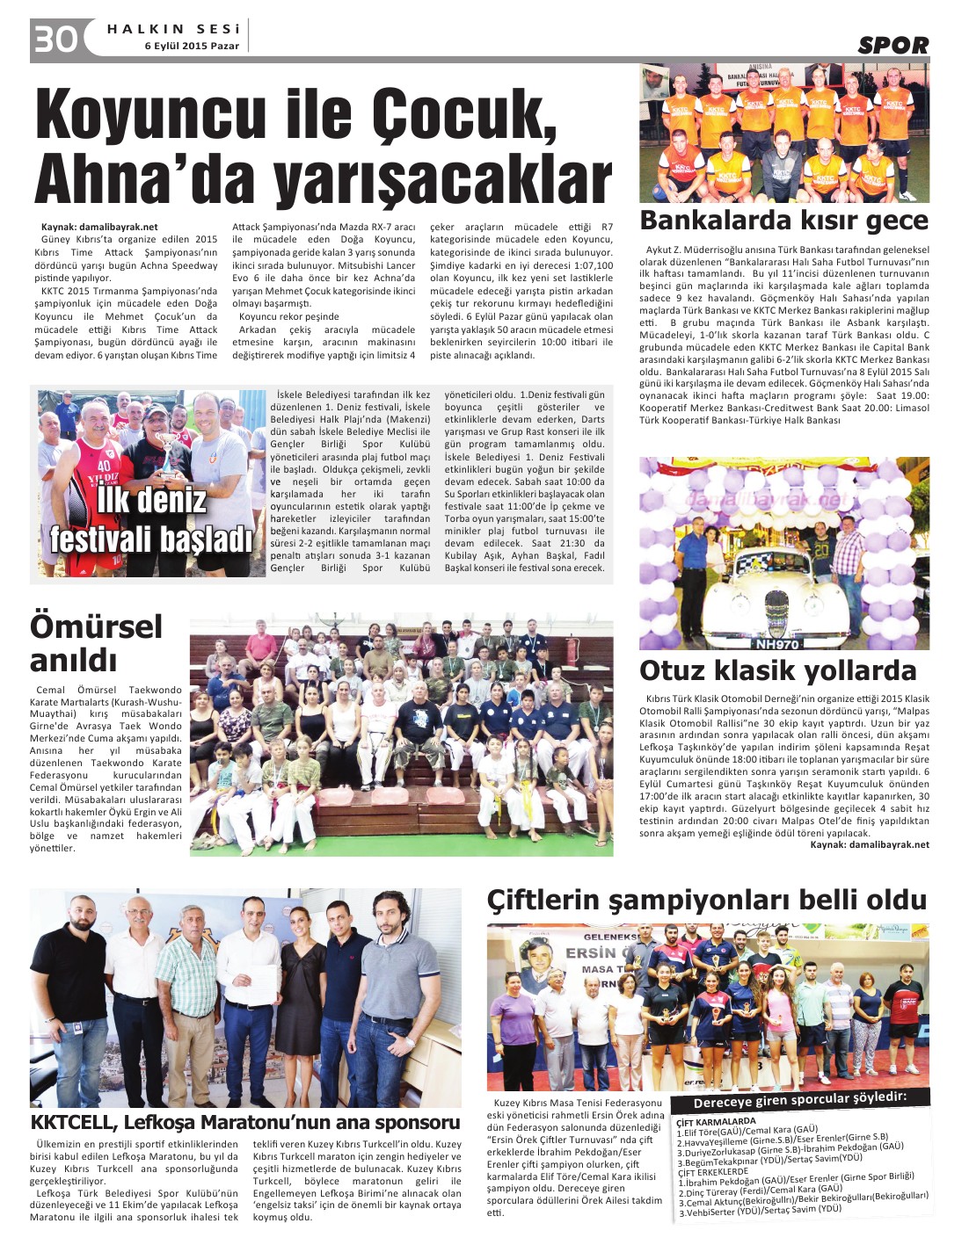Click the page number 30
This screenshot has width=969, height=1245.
coord(55,40)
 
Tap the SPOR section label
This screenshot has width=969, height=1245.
coord(892,46)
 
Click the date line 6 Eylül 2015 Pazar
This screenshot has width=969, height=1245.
coord(192,46)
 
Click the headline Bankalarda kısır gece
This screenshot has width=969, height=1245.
coord(783,220)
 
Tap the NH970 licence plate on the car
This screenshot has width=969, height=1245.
coord(777,644)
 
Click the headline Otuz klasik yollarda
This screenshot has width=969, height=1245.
coord(777,670)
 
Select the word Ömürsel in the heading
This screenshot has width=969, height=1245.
coord(97,626)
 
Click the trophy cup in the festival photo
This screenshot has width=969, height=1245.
coord(164,438)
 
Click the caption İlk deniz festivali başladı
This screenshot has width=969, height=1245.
coord(151,519)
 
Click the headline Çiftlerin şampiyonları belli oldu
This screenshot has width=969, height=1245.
coord(707,900)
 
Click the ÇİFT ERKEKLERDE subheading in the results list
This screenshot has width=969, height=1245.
coord(712,1171)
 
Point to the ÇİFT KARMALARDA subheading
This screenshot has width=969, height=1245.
coord(716,1121)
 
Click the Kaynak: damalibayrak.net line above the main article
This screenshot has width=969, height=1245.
coord(99,227)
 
